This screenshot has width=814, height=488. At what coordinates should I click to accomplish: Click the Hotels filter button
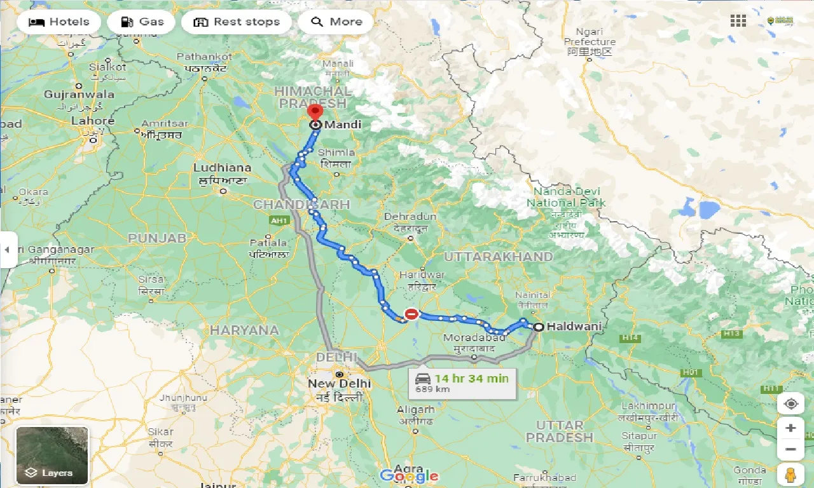(x=59, y=22)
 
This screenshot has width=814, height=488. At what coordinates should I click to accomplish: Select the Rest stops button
(x=236, y=22)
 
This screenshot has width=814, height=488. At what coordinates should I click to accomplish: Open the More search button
(x=336, y=22)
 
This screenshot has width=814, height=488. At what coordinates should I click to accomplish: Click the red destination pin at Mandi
(x=314, y=113)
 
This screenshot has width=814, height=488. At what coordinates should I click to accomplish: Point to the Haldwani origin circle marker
(x=539, y=327)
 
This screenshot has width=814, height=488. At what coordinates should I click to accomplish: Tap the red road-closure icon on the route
(x=412, y=314)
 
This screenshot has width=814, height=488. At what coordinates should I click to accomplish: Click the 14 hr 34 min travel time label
(x=471, y=379)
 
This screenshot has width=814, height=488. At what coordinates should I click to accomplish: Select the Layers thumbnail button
(x=52, y=455)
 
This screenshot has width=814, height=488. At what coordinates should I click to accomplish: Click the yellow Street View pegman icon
(x=790, y=475)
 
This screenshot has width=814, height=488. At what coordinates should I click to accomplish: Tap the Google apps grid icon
(x=738, y=21)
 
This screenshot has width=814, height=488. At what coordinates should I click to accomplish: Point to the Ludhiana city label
(x=223, y=168)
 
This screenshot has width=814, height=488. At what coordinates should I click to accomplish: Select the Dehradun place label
(x=410, y=217)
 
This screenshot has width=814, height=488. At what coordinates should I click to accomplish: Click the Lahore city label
(x=93, y=121)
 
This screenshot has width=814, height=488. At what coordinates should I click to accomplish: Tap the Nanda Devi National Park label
(x=566, y=197)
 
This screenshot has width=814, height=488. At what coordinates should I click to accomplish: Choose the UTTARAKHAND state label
(x=498, y=257)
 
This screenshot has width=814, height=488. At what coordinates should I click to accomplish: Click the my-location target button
(x=790, y=404)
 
